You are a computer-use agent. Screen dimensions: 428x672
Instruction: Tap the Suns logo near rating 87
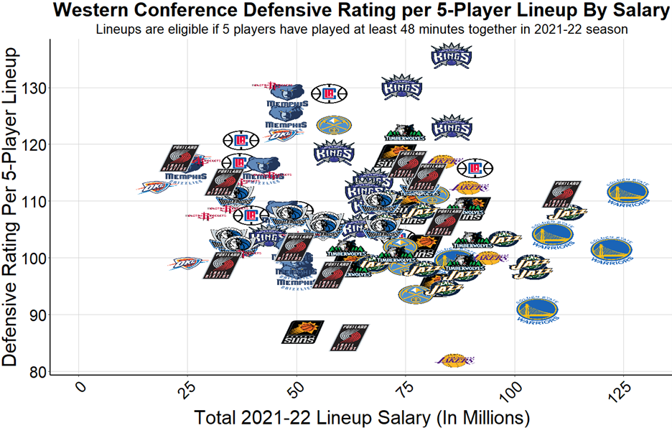[302, 332]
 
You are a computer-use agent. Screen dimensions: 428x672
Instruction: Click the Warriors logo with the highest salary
[612, 249]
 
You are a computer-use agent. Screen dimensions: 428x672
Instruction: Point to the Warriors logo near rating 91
[537, 310]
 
